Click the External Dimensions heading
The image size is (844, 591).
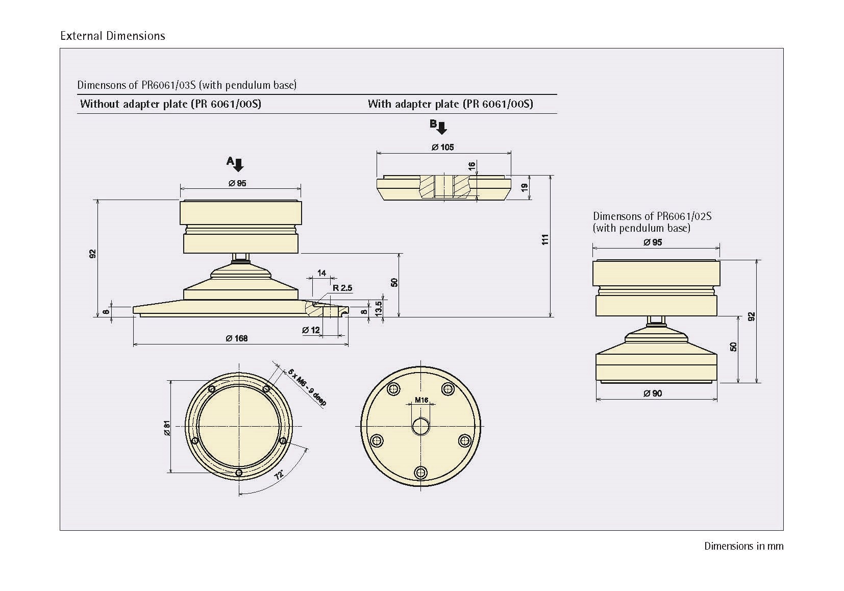coord(112,36)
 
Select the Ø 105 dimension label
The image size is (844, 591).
coord(442,147)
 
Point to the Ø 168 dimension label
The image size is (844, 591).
coord(237,338)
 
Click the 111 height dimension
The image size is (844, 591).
coord(544,239)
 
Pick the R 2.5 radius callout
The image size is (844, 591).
coord(342,288)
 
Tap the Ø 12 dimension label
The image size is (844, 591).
coord(311,330)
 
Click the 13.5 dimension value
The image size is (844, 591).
coord(378,308)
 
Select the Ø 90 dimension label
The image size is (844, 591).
coord(653,393)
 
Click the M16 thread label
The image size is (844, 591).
coord(421,400)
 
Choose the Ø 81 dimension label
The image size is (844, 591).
coord(167,428)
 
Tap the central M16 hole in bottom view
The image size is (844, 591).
coord(420,426)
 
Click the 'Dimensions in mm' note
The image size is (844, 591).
coord(743,546)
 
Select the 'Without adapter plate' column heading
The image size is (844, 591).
coord(170,104)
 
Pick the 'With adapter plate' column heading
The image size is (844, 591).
coord(450,104)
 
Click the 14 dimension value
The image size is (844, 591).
coord(321,273)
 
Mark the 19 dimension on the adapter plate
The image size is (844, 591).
coord(524,187)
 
